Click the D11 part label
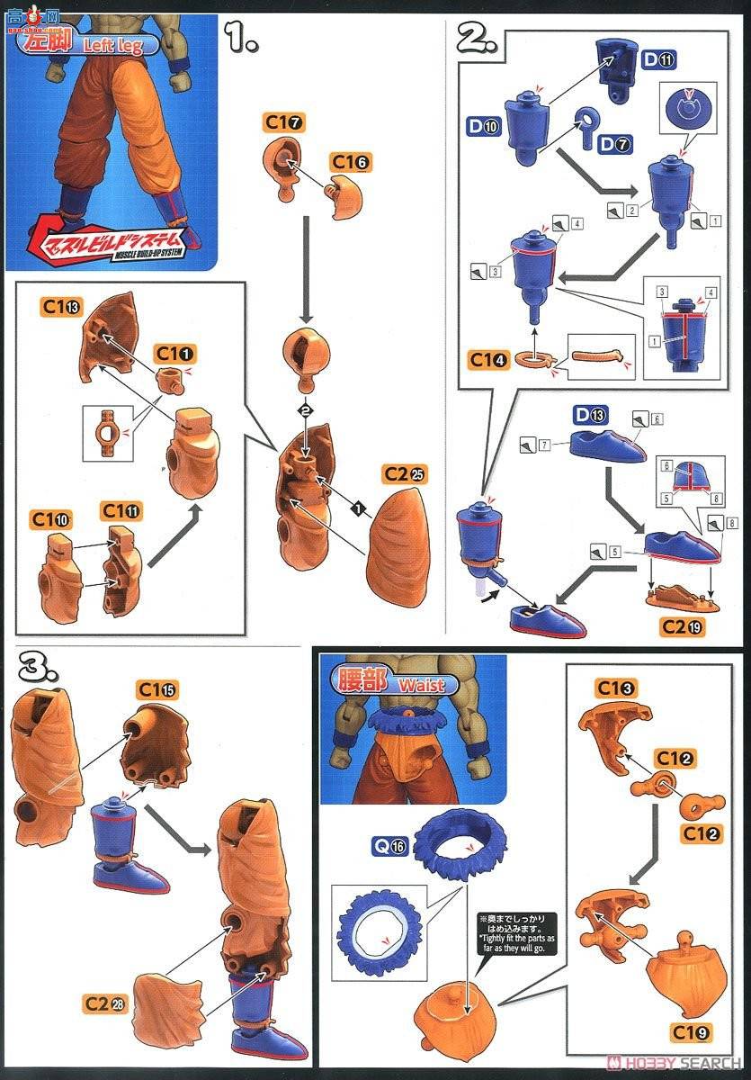[x=659, y=60]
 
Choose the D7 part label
[x=616, y=144]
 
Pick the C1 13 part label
[x=61, y=306]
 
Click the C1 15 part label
[x=156, y=689]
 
